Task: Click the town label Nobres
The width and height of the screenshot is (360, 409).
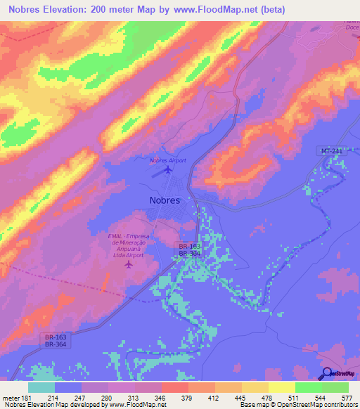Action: [165, 200]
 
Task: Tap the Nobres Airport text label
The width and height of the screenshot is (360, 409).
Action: [167, 160]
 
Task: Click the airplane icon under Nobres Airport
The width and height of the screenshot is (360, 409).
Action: [167, 169]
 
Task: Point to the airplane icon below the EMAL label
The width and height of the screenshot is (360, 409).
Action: [128, 264]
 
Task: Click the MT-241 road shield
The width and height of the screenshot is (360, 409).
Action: [323, 152]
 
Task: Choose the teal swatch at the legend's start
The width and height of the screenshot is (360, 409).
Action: [41, 387]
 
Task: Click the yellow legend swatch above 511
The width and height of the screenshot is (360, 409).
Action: [282, 387]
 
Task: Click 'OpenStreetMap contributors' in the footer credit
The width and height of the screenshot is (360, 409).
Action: [315, 405]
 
